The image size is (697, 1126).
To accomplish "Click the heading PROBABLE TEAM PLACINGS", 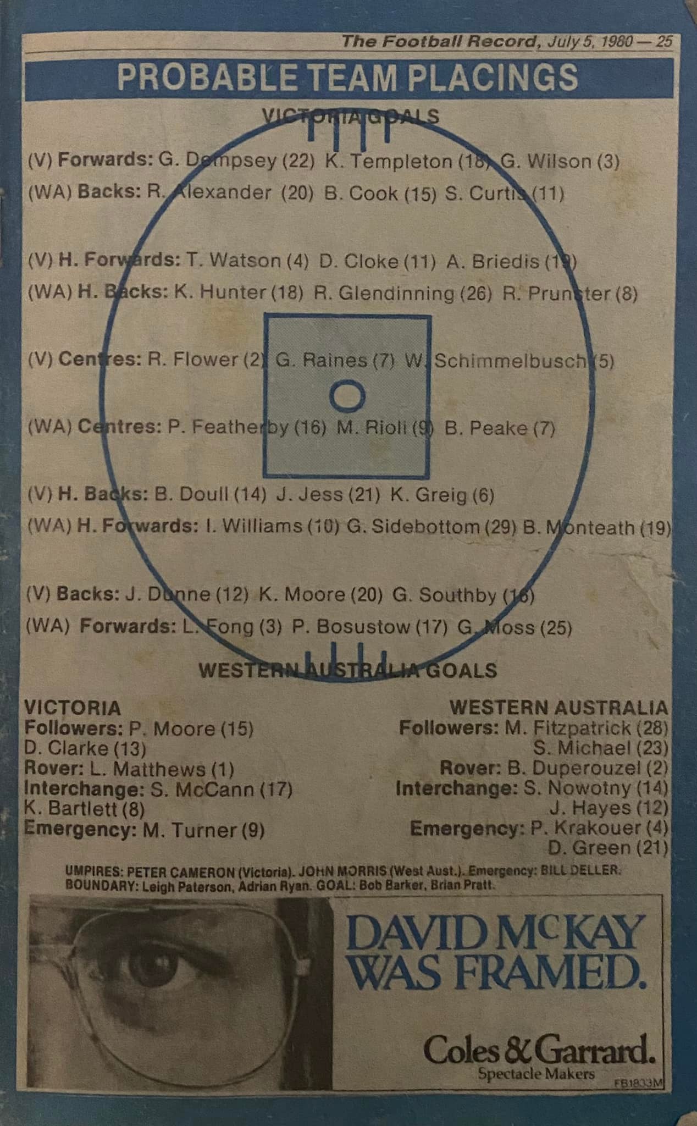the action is point(347,78).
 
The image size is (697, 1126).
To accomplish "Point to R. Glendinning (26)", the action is point(402,293).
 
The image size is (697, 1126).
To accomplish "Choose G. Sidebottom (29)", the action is point(432,527).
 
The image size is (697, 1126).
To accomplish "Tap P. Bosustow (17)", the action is point(369,627).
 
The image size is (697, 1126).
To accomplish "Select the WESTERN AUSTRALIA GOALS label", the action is point(348,671).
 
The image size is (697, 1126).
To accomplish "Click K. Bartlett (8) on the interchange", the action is point(84,809).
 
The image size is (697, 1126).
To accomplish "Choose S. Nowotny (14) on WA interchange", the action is point(595,788).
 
